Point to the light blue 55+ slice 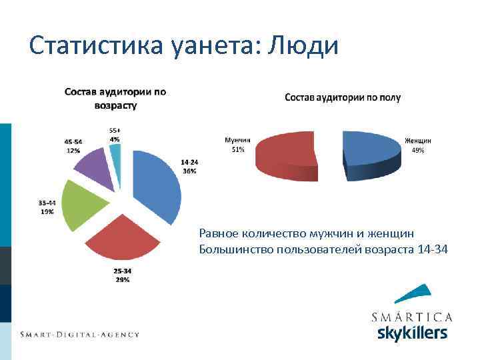point(116,157)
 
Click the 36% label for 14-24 point(189,171)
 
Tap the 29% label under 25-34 point(122,280)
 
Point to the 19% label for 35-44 point(47,211)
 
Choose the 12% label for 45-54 point(73,151)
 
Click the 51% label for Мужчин point(237,149)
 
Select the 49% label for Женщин point(418,151)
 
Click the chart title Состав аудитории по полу point(343,97)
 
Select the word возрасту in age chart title point(115,105)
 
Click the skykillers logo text point(411,332)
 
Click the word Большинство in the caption point(232,249)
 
